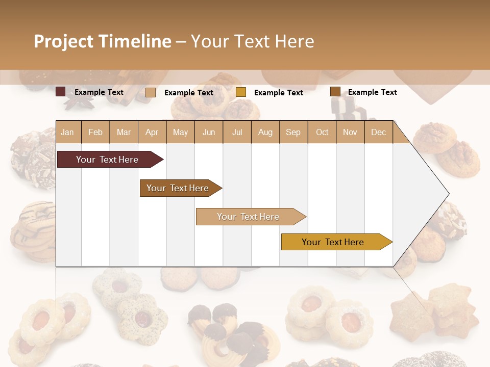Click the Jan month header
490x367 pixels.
[67, 133]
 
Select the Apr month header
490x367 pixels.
[152, 133]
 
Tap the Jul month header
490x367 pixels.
[237, 133]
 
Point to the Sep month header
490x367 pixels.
[293, 133]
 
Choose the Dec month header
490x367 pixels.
[378, 133]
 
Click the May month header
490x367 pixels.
[180, 133]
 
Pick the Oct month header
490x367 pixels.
[322, 133]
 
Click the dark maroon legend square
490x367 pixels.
[61, 92]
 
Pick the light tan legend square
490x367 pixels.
[151, 92]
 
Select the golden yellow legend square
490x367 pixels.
[241, 92]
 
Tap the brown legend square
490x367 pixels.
[335, 92]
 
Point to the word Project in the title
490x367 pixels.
[64, 41]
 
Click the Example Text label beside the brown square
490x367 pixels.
[372, 92]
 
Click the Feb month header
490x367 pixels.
[95, 133]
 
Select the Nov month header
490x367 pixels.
[350, 133]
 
